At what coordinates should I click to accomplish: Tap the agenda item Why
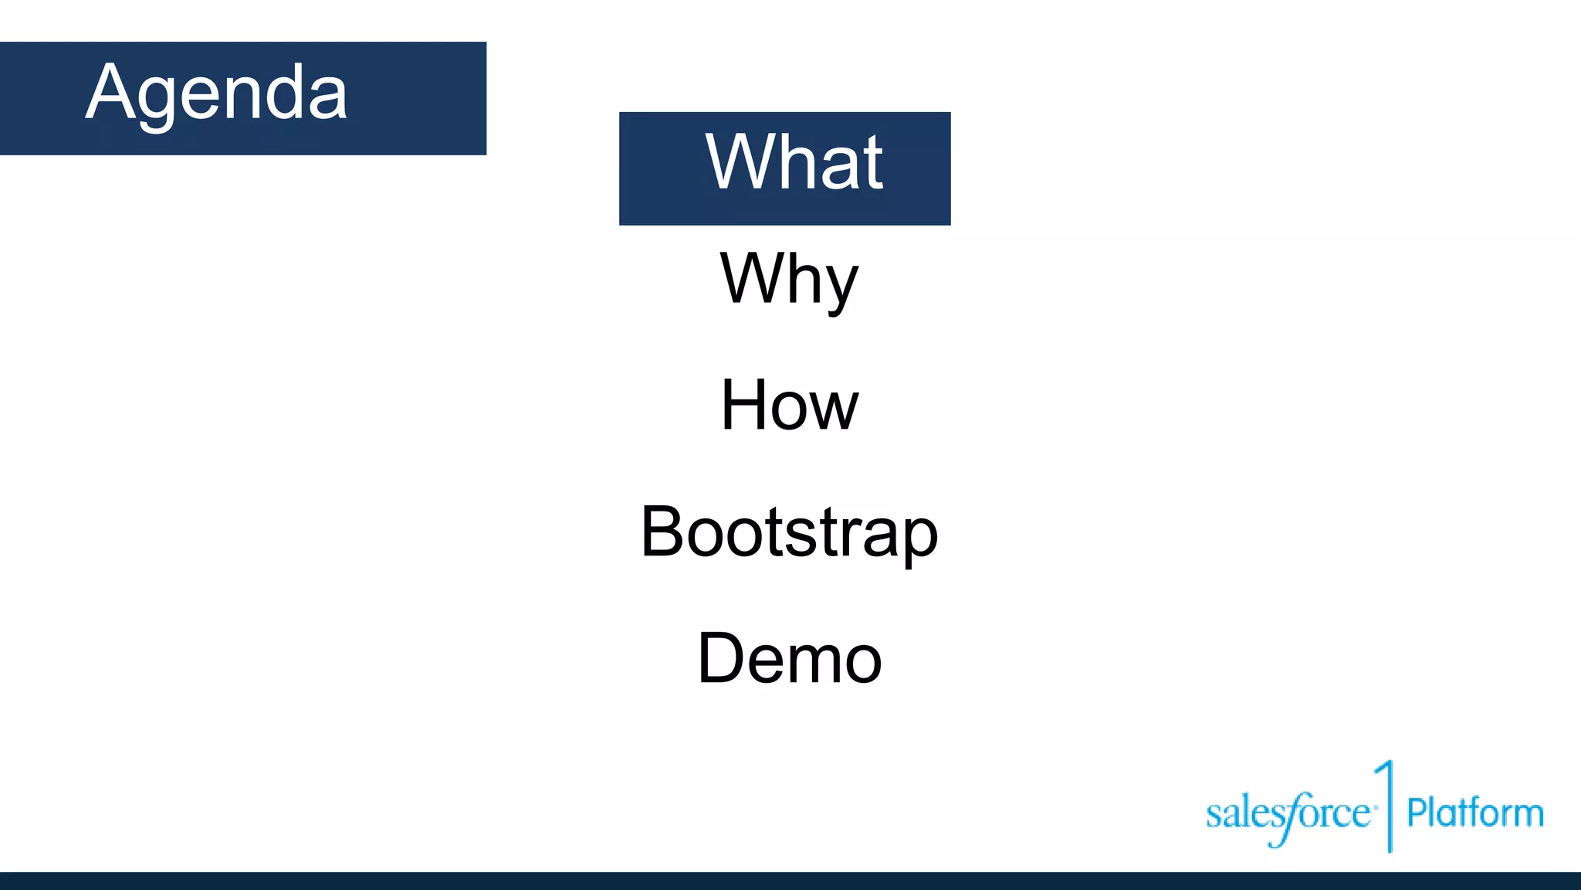point(789,280)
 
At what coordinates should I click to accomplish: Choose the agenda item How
point(789,406)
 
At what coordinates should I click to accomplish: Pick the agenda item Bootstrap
point(789,532)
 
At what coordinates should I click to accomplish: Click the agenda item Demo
point(789,658)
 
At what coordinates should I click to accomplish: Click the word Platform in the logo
point(1474,813)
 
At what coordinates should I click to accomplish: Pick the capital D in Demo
point(721,658)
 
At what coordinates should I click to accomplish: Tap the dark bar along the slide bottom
point(790,881)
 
